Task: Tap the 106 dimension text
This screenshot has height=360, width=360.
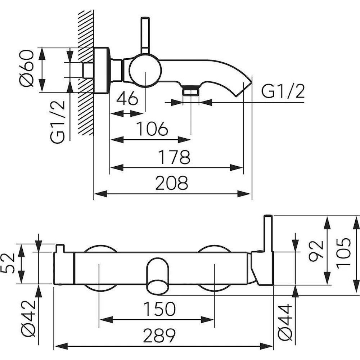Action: click(152, 129)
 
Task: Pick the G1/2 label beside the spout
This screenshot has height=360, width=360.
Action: click(283, 92)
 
